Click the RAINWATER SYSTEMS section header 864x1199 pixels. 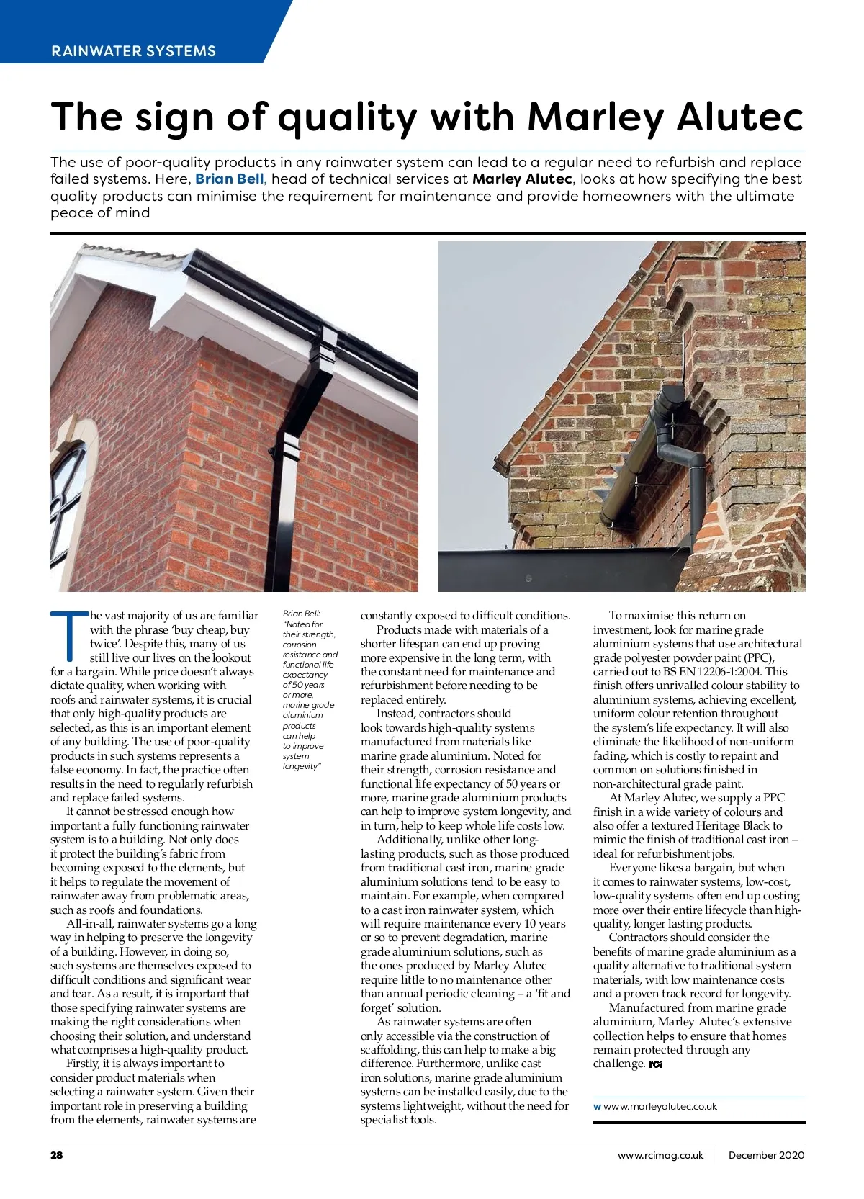pyautogui.click(x=134, y=51)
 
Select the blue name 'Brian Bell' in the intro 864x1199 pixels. pyautogui.click(x=229, y=179)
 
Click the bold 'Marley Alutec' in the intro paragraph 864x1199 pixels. pyautogui.click(x=522, y=179)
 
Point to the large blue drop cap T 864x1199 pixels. pyautogui.click(x=69, y=636)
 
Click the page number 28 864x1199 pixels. pyautogui.click(x=57, y=1155)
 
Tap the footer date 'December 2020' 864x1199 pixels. pyautogui.click(x=766, y=1155)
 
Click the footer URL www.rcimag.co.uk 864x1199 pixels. pyautogui.click(x=660, y=1155)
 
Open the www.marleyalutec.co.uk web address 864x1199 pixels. pyautogui.click(x=660, y=1106)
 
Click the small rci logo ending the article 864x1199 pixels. pyautogui.click(x=655, y=1064)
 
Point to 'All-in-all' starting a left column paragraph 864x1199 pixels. pyautogui.click(x=89, y=924)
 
